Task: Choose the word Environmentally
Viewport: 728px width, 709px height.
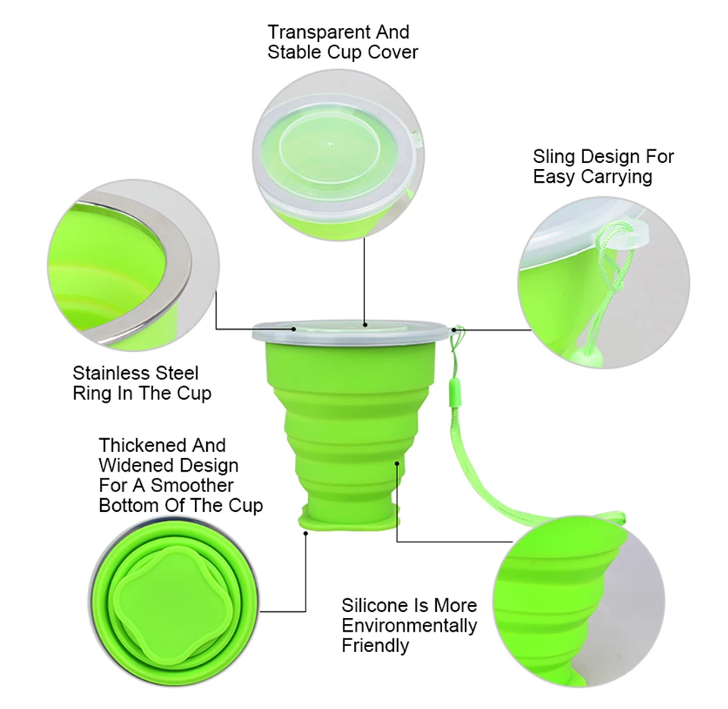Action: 409,626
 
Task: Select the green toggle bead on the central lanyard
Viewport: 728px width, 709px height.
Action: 453,389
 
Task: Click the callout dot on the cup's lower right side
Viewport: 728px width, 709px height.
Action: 397,463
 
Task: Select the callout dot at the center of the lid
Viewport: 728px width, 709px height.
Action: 365,325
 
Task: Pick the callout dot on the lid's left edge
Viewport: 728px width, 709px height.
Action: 294,329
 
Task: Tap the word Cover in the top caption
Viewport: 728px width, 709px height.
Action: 393,52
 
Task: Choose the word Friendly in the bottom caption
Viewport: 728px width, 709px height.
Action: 375,646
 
